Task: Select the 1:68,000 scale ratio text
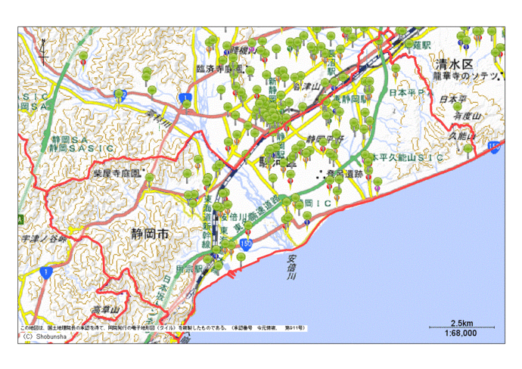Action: pyautogui.click(x=460, y=333)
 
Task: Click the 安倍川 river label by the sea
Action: pyautogui.click(x=291, y=265)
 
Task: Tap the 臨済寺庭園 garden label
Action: pyautogui.click(x=219, y=68)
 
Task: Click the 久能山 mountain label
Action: pyautogui.click(x=461, y=136)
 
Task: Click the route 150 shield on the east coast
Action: pyautogui.click(x=494, y=146)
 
